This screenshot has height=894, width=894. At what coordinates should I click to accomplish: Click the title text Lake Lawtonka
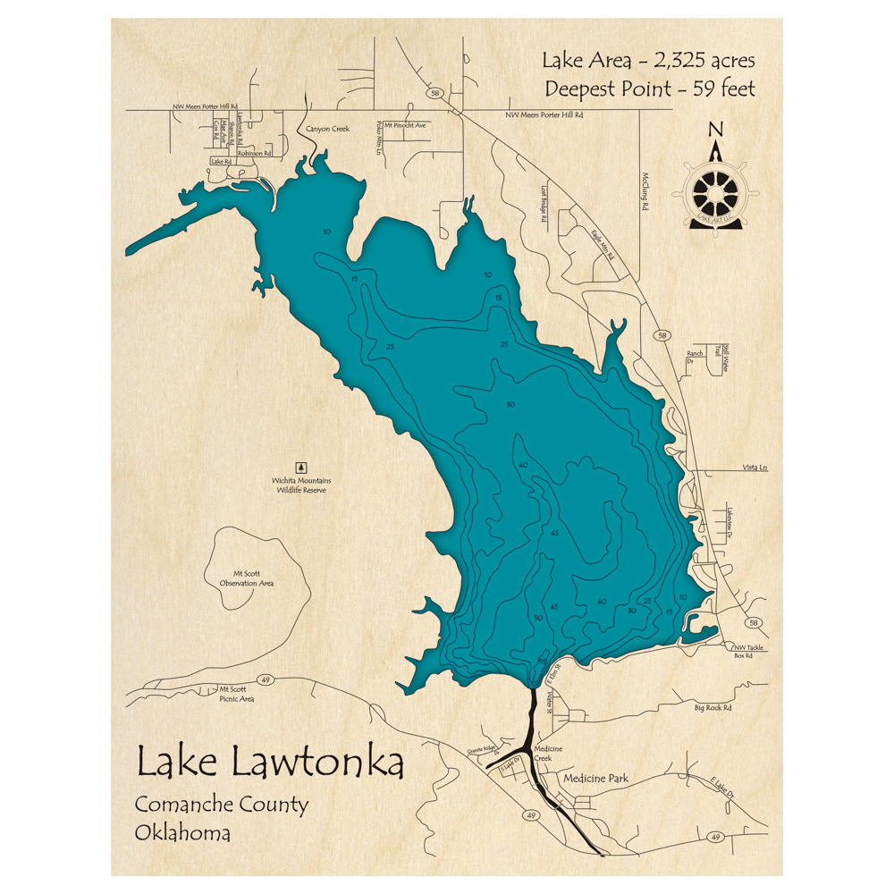[269, 763]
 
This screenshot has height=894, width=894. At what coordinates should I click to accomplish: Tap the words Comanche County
[222, 804]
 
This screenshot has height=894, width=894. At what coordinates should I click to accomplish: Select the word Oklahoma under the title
[182, 833]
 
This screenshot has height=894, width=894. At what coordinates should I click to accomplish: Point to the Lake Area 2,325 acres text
[648, 61]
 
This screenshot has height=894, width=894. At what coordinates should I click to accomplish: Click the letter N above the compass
[714, 130]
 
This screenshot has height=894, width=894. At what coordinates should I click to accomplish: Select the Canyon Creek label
[327, 129]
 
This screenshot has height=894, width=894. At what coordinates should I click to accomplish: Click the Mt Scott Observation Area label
[247, 578]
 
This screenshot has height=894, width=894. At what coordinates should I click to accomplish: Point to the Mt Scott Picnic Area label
[237, 695]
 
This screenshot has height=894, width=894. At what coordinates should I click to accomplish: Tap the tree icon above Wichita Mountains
[300, 467]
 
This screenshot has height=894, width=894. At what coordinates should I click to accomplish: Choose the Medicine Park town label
[595, 779]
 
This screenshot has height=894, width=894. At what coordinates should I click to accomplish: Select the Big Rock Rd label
[713, 708]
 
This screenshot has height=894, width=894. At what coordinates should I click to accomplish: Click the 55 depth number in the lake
[543, 660]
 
